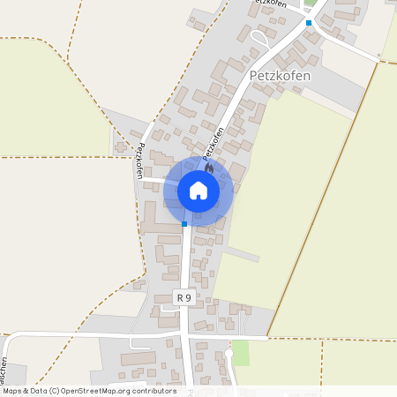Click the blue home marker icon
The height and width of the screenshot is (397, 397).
click(198, 191)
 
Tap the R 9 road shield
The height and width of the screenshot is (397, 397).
click(184, 298)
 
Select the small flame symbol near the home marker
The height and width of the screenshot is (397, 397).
click(209, 166)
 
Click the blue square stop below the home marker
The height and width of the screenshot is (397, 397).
click(184, 224)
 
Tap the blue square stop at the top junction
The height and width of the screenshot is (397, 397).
click(309, 23)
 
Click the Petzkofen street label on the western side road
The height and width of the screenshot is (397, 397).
click(139, 160)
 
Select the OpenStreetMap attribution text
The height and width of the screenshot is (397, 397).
click(88, 390)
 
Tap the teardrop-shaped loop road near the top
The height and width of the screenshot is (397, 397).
click(261, 37)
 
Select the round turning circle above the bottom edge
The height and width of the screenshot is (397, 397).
click(228, 354)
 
